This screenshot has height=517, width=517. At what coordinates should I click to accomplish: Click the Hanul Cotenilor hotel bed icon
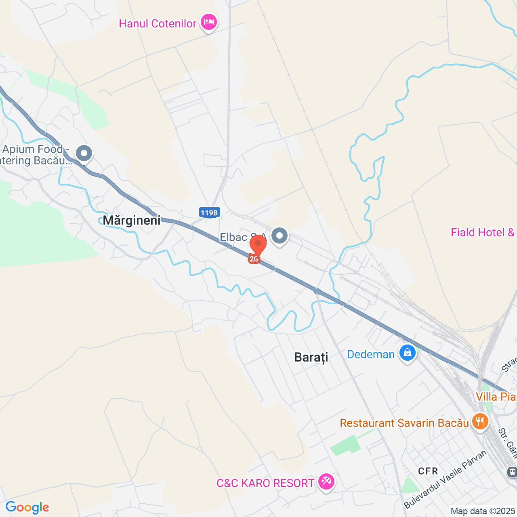click(208, 22)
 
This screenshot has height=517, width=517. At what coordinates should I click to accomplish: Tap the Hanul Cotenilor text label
click(158, 23)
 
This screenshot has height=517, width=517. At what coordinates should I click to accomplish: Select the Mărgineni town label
click(132, 220)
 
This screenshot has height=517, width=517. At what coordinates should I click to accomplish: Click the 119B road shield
click(210, 212)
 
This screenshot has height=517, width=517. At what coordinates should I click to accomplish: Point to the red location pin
click(258, 244)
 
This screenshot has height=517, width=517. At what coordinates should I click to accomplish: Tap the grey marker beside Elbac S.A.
click(279, 235)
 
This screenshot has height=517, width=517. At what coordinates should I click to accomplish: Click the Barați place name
click(311, 357)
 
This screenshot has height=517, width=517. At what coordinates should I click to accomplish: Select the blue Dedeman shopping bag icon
click(408, 353)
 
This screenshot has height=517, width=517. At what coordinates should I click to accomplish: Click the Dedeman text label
click(371, 355)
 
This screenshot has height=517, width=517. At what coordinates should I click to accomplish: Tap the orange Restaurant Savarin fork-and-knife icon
click(480, 422)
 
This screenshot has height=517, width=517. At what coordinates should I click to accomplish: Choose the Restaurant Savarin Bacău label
click(404, 423)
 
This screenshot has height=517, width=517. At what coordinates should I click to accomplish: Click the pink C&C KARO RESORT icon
click(326, 481)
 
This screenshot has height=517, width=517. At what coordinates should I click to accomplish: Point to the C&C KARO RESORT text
click(265, 483)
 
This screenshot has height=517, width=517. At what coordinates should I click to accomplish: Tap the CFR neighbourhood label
click(428, 471)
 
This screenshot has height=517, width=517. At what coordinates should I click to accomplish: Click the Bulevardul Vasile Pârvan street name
click(446, 479)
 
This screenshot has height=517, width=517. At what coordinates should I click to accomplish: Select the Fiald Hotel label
click(483, 232)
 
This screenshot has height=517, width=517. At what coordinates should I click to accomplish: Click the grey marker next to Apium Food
click(84, 153)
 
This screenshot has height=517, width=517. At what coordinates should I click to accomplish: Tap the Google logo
click(27, 507)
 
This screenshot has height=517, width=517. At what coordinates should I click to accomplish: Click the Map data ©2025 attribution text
click(483, 511)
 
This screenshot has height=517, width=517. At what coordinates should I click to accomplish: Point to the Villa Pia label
click(496, 397)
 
